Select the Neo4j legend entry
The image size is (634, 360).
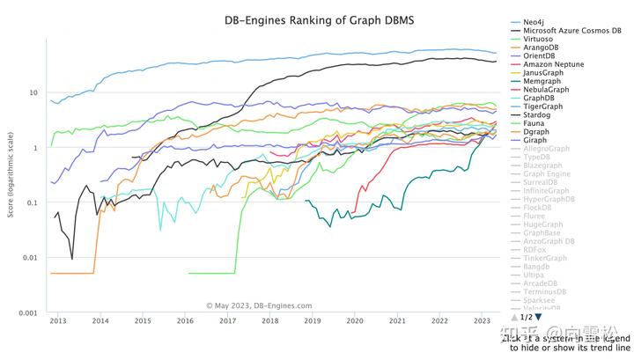tap(534, 20)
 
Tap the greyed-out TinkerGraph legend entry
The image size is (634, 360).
tap(546, 257)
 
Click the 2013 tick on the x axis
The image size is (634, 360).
tap(58, 322)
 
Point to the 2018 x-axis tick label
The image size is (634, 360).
tap(270, 322)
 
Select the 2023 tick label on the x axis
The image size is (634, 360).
tap(482, 322)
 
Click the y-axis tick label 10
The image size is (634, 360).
tap(33, 93)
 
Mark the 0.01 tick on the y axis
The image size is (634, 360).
tap(29, 258)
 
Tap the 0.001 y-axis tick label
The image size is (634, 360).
tap(27, 312)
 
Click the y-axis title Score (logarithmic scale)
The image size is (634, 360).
tap(8, 176)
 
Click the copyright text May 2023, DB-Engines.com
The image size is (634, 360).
tap(259, 305)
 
